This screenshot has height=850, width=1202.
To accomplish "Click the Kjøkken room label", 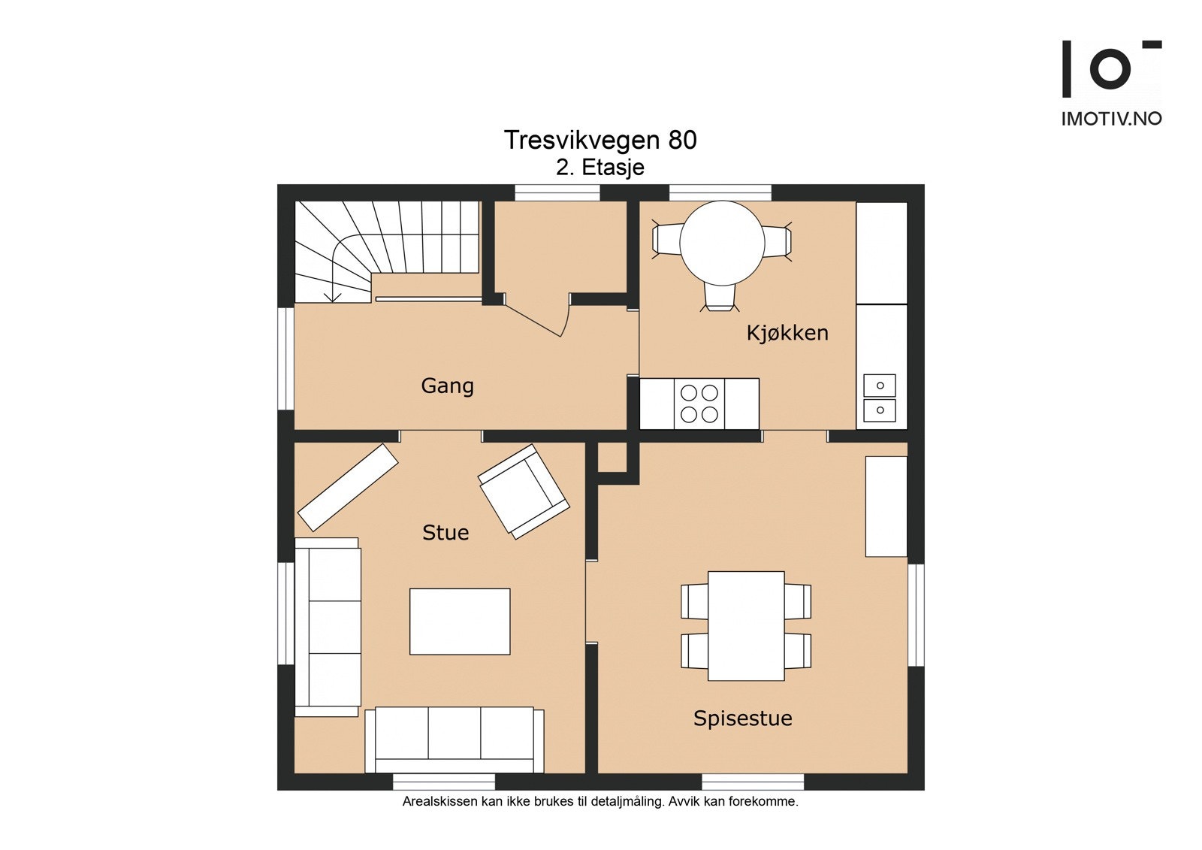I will (x=787, y=333).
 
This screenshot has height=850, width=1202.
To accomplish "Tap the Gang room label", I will (x=447, y=386).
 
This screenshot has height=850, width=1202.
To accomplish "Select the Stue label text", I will (x=445, y=533).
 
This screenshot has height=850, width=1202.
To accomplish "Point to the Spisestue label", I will (x=742, y=718).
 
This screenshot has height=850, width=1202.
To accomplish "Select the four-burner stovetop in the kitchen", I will (x=699, y=403).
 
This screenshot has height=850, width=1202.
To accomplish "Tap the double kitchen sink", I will (x=880, y=398).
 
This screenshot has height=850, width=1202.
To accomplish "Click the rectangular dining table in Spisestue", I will (x=746, y=625).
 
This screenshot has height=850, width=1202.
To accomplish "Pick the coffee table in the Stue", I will (x=460, y=621).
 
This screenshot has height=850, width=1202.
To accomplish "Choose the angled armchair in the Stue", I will (x=524, y=492).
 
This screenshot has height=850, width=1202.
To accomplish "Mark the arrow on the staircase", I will (x=331, y=295).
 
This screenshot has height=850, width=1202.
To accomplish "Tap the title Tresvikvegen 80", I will (x=599, y=141).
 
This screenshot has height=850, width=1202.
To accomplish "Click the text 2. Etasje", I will (x=599, y=167).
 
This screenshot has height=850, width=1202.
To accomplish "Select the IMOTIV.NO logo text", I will (x=1111, y=119).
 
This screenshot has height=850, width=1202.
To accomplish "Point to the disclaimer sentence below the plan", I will (x=599, y=801).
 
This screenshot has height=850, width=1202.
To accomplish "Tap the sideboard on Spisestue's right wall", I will (x=886, y=506).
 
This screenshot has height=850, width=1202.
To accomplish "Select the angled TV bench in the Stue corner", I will (x=348, y=487).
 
